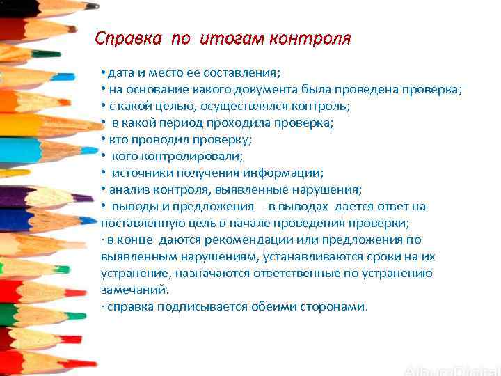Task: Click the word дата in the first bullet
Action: coord(120,73)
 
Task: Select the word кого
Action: coord(125,157)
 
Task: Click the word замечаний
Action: coord(134,290)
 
